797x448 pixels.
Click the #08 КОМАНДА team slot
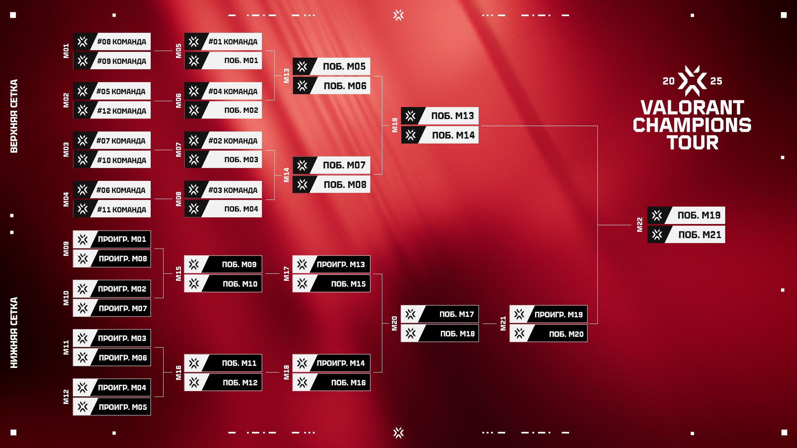[x=121, y=42]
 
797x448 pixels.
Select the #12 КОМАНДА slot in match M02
[x=121, y=111]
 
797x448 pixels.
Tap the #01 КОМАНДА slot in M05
[x=232, y=42]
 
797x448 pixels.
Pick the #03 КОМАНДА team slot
[x=232, y=190]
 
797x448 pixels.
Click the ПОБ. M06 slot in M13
[x=345, y=86]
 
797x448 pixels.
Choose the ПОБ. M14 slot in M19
[x=453, y=135]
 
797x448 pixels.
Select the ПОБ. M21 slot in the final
[x=699, y=235]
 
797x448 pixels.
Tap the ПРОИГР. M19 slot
[x=558, y=314]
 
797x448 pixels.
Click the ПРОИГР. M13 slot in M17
[x=340, y=265]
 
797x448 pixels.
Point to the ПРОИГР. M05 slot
[x=122, y=407]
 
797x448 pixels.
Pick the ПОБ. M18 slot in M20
[x=457, y=334]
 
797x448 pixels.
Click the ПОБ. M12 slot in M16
[x=240, y=383]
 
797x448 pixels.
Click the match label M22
[x=640, y=225]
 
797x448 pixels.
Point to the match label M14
[x=286, y=175]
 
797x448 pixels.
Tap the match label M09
[x=66, y=249]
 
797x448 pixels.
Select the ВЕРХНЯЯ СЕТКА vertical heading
[x=14, y=116]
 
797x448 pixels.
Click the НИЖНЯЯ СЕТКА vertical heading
[x=14, y=333]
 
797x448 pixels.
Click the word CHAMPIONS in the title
[x=692, y=125]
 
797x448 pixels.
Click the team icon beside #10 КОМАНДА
[x=83, y=160]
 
